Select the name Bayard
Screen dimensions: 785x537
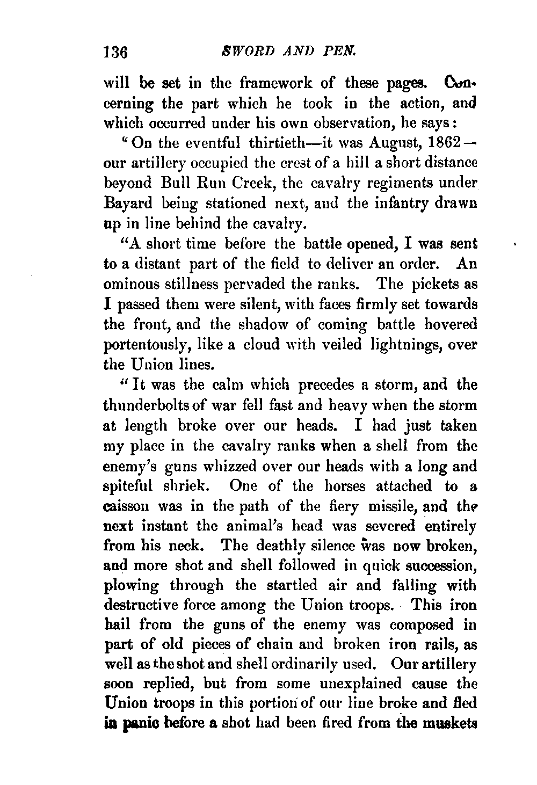[x=126, y=204]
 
